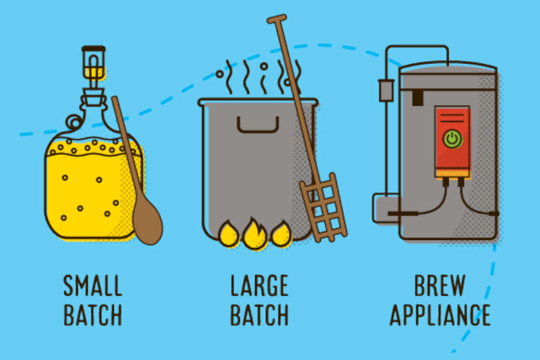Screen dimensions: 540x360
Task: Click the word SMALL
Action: coord(93,286)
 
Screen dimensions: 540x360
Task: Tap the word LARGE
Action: coord(259,286)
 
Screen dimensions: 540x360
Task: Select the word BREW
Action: coord(440,286)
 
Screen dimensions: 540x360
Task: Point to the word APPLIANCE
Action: coord(440,315)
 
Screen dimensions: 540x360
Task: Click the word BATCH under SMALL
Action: coord(93,315)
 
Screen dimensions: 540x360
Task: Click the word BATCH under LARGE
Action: coord(259,315)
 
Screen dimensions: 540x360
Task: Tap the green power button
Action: coord(452,139)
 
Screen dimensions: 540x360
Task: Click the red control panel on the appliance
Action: coord(452,141)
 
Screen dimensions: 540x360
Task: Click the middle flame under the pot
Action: coord(254,234)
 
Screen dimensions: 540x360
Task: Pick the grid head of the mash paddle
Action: coord(323,208)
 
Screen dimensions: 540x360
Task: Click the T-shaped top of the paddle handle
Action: coord(277,19)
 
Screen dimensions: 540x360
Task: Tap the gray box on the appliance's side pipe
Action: coord(386,91)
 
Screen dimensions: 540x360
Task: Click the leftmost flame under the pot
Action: coord(229,233)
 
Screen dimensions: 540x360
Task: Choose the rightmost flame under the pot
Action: coord(281,233)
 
